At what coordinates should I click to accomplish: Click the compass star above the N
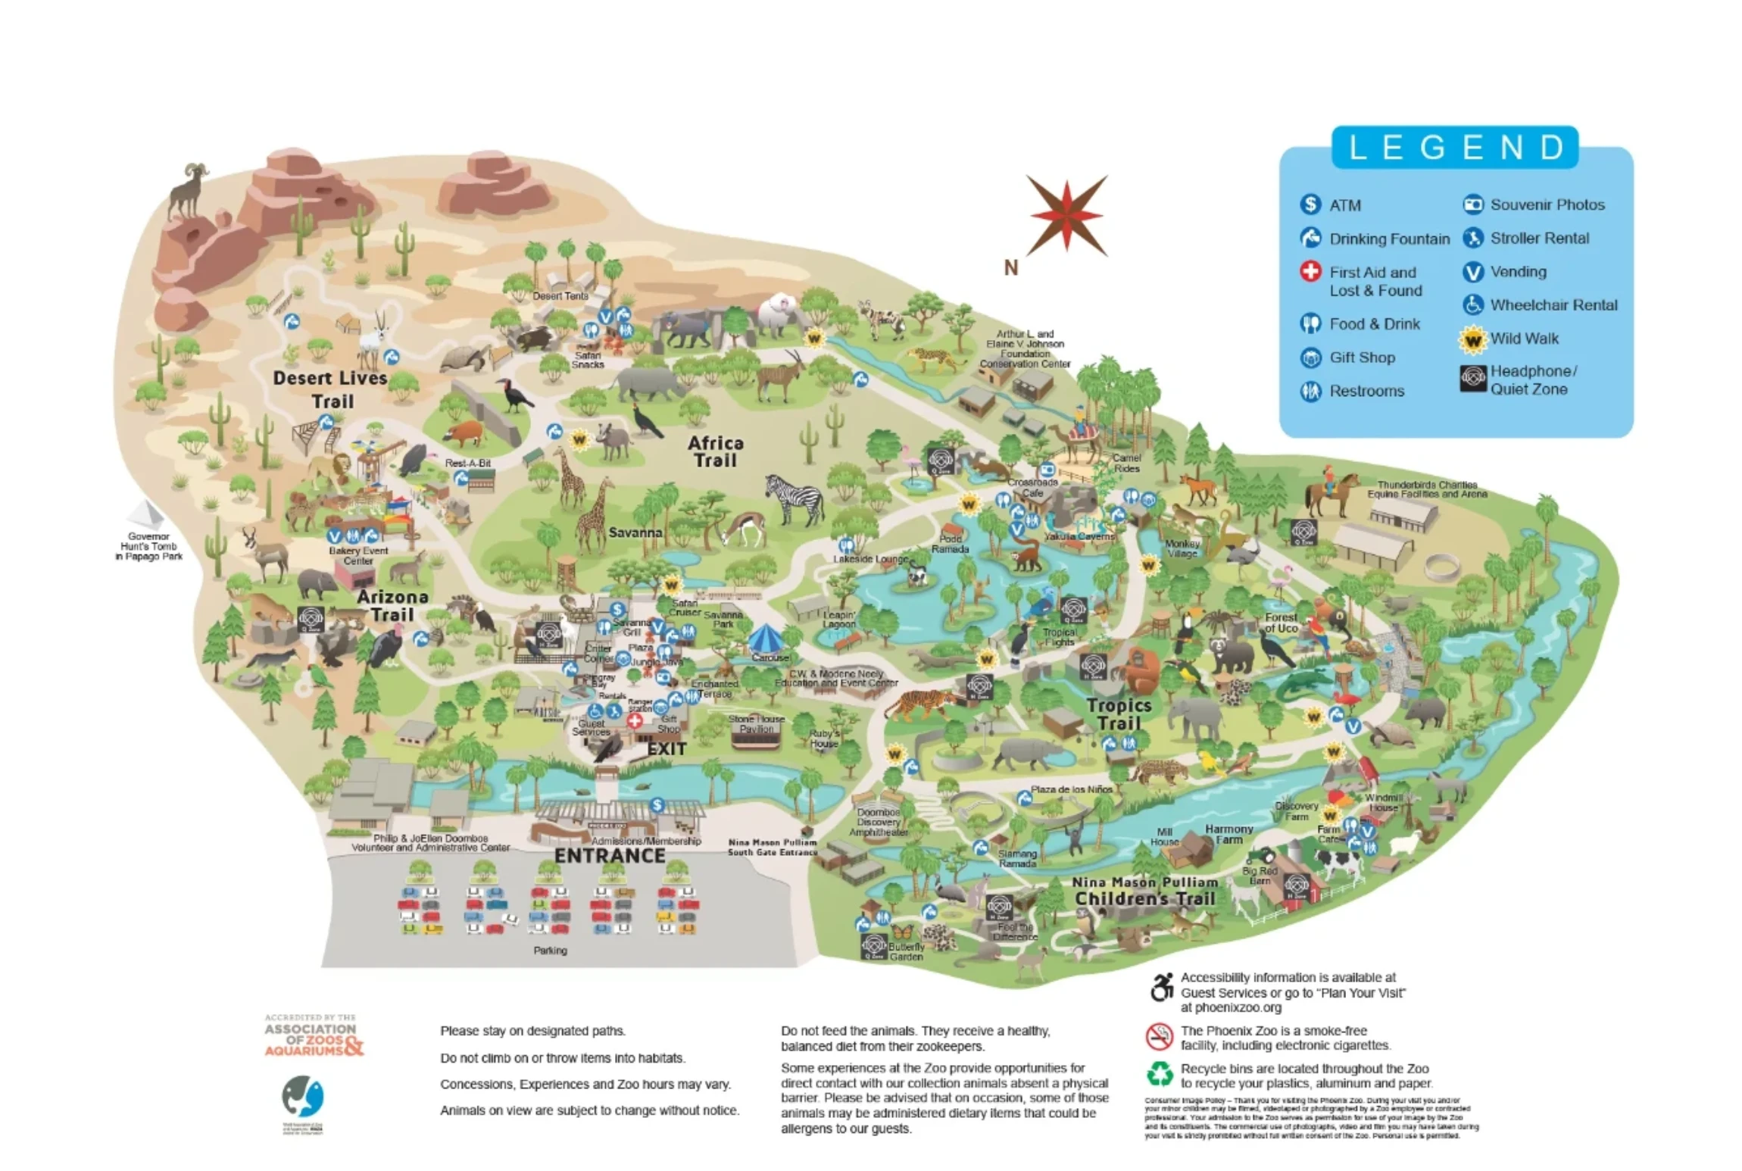(1066, 214)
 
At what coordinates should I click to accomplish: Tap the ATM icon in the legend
(1310, 205)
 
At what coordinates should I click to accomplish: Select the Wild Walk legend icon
(1472, 339)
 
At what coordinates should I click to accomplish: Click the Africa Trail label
(715, 451)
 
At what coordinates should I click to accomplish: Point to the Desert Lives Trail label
(330, 389)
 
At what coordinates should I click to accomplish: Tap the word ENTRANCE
(610, 855)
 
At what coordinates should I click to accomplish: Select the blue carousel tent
(770, 641)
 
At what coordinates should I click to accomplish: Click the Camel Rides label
(1126, 463)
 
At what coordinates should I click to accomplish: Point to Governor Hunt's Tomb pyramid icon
(145, 514)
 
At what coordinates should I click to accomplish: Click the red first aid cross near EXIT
(635, 720)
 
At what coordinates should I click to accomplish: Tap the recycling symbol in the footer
(1159, 1074)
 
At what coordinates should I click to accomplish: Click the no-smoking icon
(1159, 1036)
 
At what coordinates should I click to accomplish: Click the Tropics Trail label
(1119, 714)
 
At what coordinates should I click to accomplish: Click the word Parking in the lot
(550, 950)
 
